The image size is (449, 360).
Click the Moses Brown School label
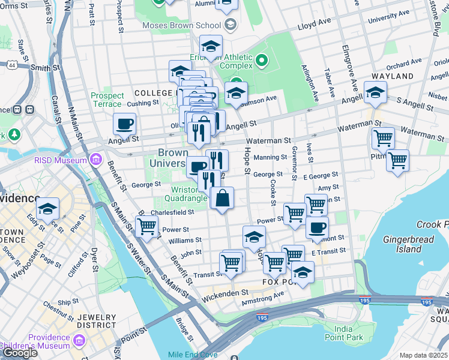181,25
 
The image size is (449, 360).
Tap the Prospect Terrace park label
107,100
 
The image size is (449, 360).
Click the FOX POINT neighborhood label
280,281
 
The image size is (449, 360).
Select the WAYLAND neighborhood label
393,76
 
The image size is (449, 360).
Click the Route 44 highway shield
11,64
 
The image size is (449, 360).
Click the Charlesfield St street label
174,212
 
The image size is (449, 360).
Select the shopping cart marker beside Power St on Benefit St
146,226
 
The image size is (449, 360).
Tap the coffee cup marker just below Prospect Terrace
124,124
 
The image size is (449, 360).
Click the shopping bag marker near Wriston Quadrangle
222,198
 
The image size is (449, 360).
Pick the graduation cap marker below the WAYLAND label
375,92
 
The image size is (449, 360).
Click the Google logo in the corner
20,353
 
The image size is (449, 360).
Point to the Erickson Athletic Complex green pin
261,60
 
